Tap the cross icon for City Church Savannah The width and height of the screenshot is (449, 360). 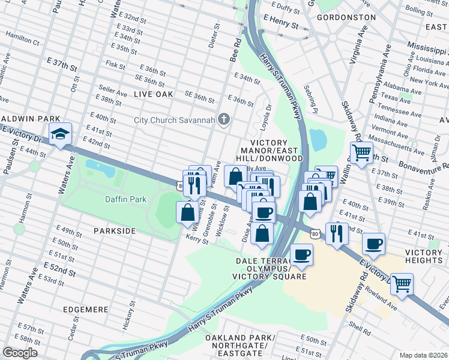point(224,119)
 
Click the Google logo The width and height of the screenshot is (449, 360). point(20,353)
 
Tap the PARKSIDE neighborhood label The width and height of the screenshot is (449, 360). point(115,230)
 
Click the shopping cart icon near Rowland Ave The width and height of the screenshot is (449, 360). point(402,284)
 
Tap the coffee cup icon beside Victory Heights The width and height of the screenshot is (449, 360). point(373,244)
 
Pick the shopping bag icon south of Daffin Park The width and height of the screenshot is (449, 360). point(187,212)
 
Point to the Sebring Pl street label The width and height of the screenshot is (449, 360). point(313,102)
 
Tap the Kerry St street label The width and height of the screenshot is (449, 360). point(197,239)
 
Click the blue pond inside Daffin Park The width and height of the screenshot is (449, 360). point(100,166)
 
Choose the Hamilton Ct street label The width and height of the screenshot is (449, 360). point(22,43)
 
